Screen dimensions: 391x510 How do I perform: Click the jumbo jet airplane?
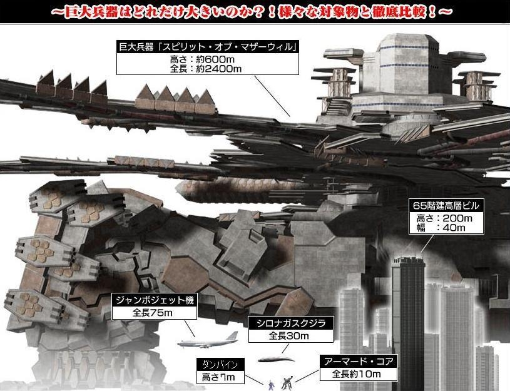(x=207, y=340)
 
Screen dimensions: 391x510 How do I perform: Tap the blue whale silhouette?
(x=275, y=359)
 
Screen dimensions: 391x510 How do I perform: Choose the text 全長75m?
(x=154, y=312)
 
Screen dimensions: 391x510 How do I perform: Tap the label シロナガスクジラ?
(x=291, y=323)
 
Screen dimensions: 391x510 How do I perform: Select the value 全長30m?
(x=290, y=336)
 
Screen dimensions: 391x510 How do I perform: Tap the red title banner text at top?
(x=254, y=11)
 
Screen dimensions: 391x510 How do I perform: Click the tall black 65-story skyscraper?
(x=408, y=313)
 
